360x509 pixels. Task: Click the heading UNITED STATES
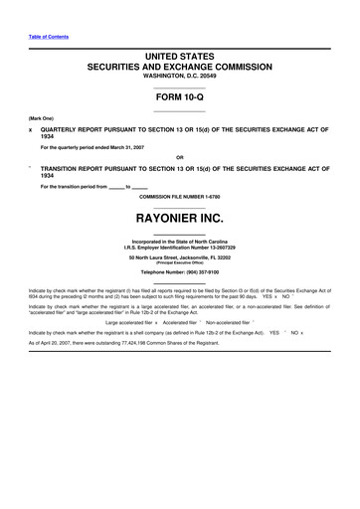pyautogui.click(x=179, y=60)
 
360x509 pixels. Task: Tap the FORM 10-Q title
pyautogui.click(x=179, y=100)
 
